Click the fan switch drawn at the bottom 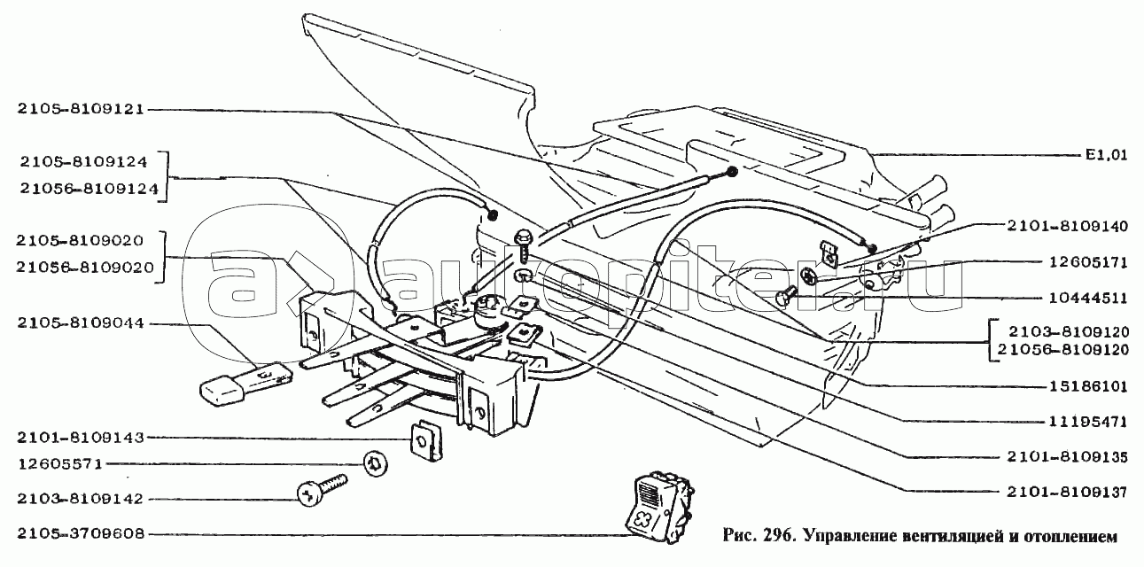[659, 506]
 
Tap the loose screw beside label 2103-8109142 [323, 490]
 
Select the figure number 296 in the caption [767, 536]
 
